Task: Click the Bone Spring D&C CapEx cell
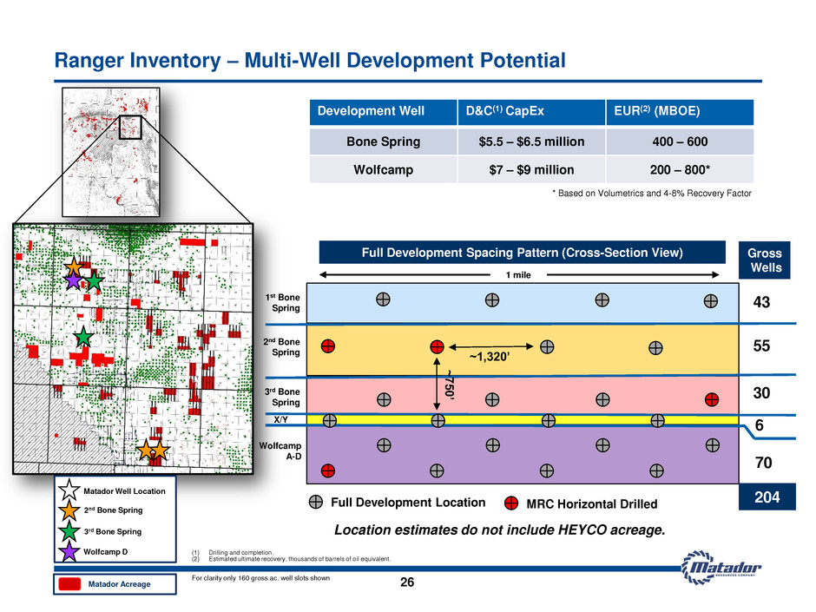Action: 531,141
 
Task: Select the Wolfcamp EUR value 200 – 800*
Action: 680,169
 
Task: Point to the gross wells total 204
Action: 767,497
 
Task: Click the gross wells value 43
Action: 761,302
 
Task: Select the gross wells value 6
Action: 760,425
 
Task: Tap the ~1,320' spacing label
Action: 490,357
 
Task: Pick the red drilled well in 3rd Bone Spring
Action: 712,399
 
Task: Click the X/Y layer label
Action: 281,419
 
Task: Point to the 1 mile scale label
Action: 518,275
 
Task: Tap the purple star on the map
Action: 74,280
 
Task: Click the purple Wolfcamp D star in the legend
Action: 69,551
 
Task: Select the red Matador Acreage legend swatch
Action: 69,584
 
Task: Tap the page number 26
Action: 407,582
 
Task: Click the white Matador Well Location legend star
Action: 69,490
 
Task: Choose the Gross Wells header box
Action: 765,260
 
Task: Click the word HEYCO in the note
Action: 582,530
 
